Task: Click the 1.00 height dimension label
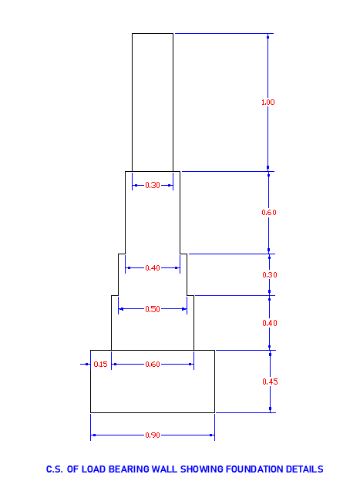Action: [x=267, y=103]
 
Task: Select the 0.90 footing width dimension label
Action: [x=153, y=435]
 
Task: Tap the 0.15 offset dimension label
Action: [x=100, y=365]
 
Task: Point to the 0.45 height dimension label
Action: [x=270, y=382]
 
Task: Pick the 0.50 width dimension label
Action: [x=153, y=309]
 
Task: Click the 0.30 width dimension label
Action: [x=153, y=185]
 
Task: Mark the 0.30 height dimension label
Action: [x=270, y=275]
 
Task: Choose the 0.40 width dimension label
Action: [x=153, y=267]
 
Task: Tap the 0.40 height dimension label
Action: [x=270, y=323]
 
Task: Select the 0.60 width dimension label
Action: [x=153, y=365]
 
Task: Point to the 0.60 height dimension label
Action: [x=269, y=213]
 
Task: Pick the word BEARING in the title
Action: [x=129, y=469]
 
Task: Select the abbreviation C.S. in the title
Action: [x=55, y=469]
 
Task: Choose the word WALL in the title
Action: [x=164, y=469]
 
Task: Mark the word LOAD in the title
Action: [x=93, y=469]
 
